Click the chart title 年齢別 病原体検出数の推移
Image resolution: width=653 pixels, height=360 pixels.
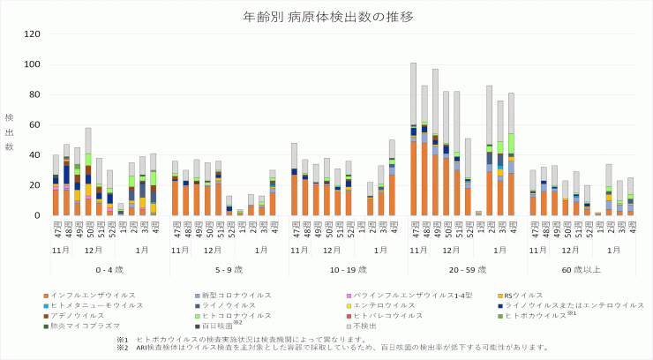tap(326, 17)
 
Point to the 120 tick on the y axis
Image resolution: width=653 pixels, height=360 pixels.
tap(34, 34)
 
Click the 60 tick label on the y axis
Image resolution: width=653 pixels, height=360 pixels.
tap(36, 124)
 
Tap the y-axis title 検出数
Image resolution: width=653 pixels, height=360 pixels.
tap(10, 132)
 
